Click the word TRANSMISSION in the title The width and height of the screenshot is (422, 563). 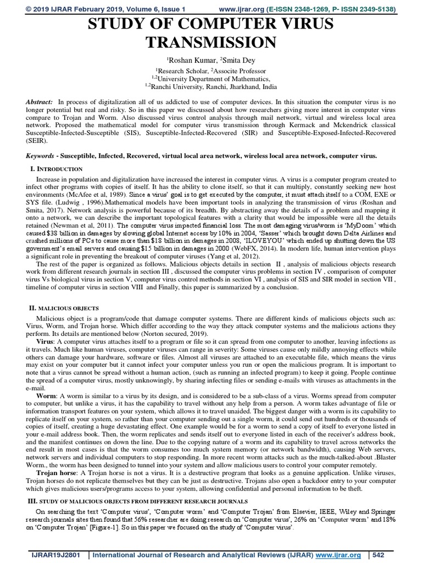(x=210, y=42)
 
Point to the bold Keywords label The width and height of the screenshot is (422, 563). (x=42, y=156)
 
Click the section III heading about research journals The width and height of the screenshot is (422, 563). (x=137, y=501)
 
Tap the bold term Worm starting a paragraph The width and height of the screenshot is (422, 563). (x=47, y=395)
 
